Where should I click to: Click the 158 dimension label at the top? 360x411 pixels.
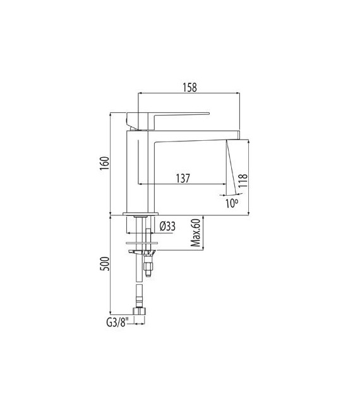(189, 87)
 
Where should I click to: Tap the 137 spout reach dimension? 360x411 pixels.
(183, 179)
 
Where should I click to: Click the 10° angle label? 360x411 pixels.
(232, 203)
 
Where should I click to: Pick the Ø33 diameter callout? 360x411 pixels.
(167, 225)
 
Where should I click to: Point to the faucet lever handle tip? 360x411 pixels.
(205, 114)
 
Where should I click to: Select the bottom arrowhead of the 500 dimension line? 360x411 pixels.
(111, 314)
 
